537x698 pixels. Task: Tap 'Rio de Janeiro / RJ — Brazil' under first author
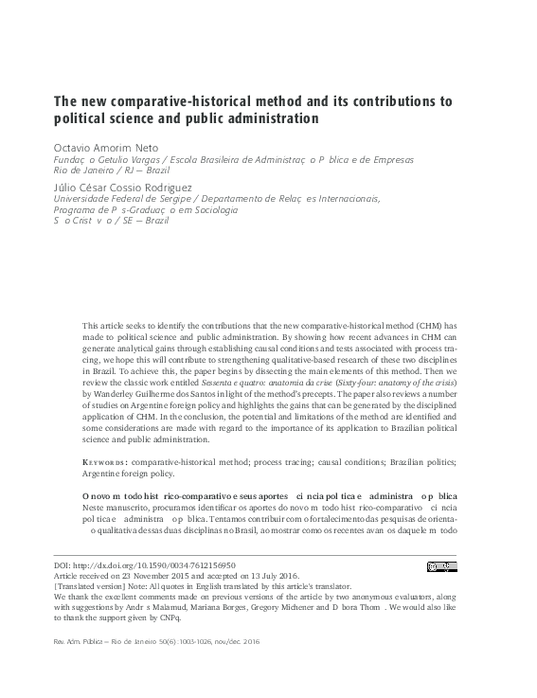point(108,171)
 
